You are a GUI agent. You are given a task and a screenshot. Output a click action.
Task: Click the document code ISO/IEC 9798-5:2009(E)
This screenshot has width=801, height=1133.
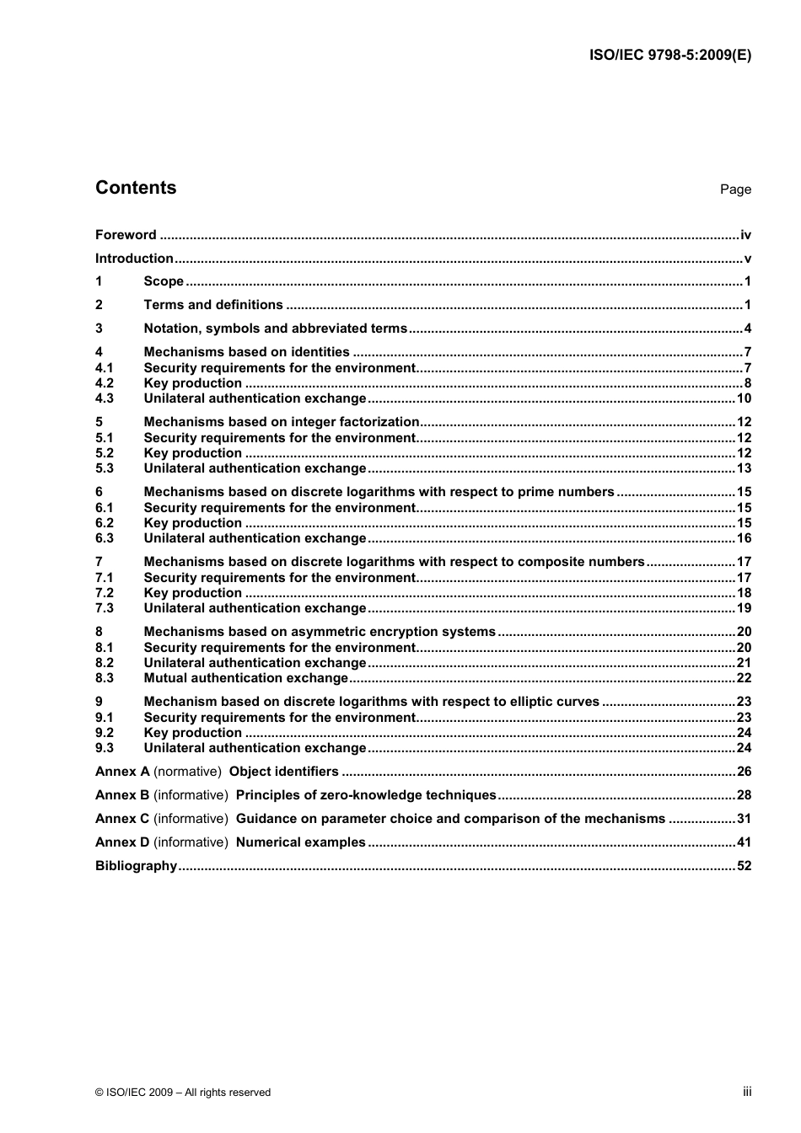669,56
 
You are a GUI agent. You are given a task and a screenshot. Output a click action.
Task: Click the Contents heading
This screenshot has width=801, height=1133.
136,188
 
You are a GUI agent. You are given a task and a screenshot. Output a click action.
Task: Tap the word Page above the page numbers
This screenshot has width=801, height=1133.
735,190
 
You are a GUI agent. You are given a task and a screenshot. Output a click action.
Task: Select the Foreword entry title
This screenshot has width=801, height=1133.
126,235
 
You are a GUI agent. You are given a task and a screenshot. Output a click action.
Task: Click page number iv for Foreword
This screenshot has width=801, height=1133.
745,235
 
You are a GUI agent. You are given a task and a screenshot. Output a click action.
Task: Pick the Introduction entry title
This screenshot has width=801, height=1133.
134,259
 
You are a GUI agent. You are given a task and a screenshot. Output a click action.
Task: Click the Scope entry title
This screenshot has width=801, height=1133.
164,281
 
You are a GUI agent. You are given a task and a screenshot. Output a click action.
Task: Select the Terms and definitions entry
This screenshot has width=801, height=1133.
213,305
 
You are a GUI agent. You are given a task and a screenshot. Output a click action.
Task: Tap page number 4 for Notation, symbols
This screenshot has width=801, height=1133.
747,329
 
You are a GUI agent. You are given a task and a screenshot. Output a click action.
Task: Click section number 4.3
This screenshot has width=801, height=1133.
105,398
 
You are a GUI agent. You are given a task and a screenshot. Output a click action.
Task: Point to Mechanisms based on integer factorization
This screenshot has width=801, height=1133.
282,422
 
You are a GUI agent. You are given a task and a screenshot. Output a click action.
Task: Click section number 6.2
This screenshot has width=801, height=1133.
105,523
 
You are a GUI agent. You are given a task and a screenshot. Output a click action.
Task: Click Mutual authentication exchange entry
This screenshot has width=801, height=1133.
246,678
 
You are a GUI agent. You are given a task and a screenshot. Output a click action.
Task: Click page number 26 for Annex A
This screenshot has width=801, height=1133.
744,772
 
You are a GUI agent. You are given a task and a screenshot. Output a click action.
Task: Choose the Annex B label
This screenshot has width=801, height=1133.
122,795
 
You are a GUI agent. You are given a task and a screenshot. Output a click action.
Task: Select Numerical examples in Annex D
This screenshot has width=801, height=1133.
301,842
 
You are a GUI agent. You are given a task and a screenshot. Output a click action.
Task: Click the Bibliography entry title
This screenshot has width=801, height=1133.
136,866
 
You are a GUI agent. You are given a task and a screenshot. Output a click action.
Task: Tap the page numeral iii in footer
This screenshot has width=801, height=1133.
747,1092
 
